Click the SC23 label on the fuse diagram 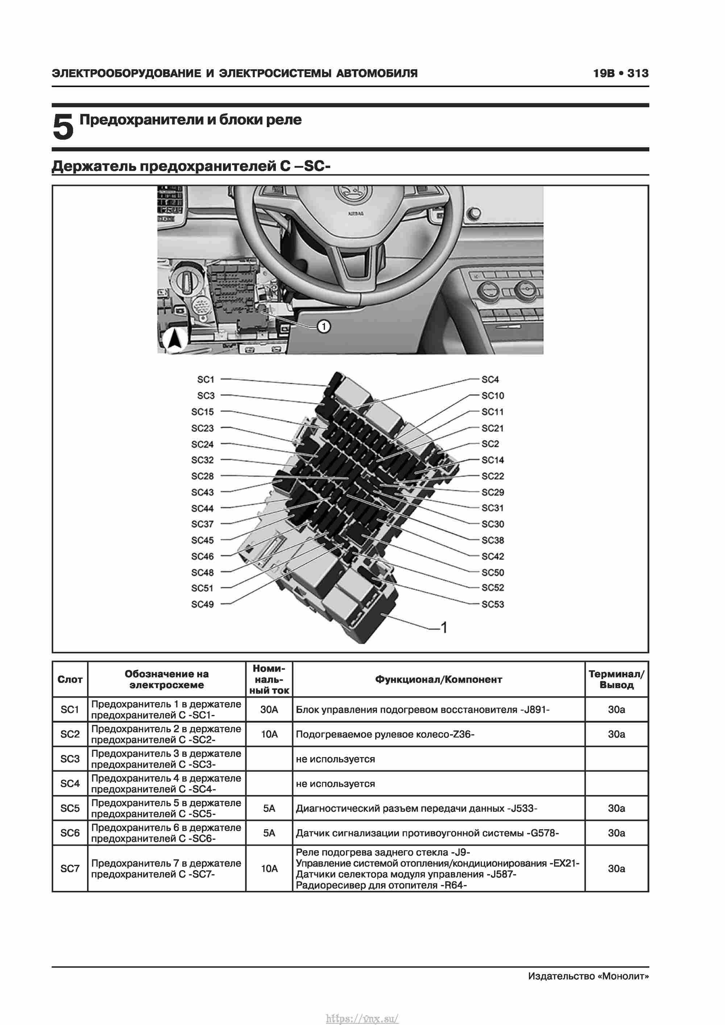pyautogui.click(x=202, y=428)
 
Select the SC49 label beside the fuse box pyautogui.click(x=202, y=604)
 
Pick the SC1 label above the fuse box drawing pyautogui.click(x=206, y=380)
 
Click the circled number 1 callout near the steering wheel pyautogui.click(x=323, y=326)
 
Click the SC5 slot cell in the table pyautogui.click(x=70, y=808)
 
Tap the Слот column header pyautogui.click(x=70, y=679)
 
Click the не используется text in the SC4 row pyautogui.click(x=335, y=784)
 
